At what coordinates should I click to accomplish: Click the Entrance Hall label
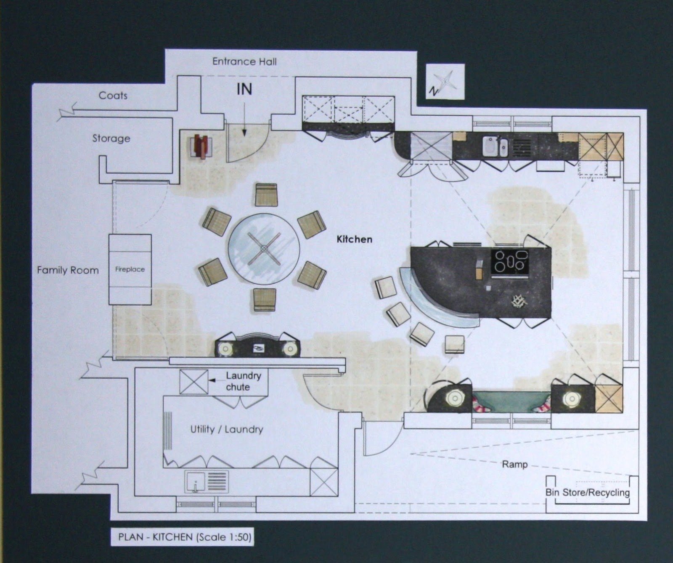click(244, 62)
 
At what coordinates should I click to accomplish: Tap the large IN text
click(244, 89)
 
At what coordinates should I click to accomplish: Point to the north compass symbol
click(445, 82)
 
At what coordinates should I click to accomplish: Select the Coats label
click(113, 96)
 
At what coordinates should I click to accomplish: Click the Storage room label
click(111, 138)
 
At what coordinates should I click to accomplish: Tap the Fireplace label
click(130, 269)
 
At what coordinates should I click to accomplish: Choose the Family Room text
click(68, 270)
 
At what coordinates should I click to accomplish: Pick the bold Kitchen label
click(354, 239)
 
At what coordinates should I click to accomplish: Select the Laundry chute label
click(243, 381)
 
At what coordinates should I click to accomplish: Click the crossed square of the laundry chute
click(193, 382)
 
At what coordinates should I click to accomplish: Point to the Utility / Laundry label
click(227, 429)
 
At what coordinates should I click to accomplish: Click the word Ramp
click(514, 465)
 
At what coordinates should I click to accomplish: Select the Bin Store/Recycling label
click(588, 492)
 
